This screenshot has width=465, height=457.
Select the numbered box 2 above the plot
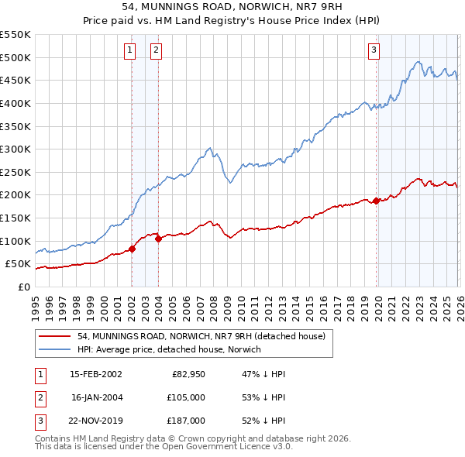pos(156,50)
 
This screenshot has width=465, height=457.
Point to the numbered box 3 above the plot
pos(374,50)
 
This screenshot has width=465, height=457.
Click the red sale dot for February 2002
pos(132,249)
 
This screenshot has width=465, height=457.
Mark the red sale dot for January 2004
pos(158,239)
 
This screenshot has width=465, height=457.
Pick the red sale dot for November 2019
pos(377,201)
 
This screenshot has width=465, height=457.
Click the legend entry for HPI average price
pos(169,349)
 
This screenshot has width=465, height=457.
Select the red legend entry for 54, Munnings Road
pos(205,336)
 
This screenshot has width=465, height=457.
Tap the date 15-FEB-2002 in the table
pos(95,373)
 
